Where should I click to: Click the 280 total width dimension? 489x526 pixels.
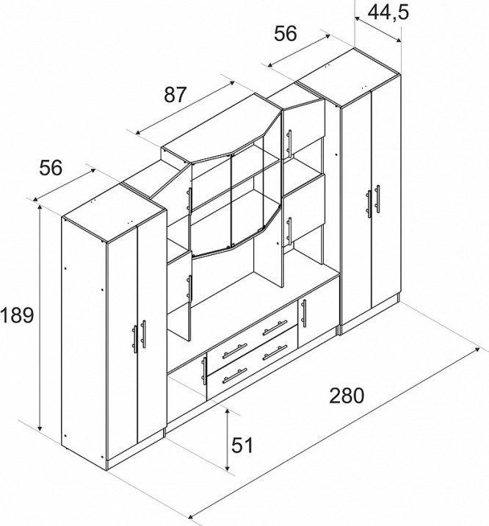pyautogui.click(x=347, y=395)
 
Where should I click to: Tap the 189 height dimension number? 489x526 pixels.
pyautogui.click(x=17, y=315)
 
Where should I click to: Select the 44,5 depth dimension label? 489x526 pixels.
pyautogui.click(x=388, y=12)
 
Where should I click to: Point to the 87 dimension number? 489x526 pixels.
pyautogui.click(x=174, y=95)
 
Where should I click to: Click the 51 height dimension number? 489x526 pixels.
pyautogui.click(x=242, y=445)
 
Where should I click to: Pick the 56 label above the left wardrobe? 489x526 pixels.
pyautogui.click(x=51, y=167)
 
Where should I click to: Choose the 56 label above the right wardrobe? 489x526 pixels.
pyautogui.click(x=285, y=34)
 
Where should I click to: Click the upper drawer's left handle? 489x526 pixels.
pyautogui.click(x=235, y=351)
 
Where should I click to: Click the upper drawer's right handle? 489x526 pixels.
pyautogui.click(x=275, y=328)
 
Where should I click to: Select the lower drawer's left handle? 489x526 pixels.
pyautogui.click(x=235, y=375)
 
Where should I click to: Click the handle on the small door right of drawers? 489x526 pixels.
pyautogui.click(x=304, y=313)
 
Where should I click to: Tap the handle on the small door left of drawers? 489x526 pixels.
pyautogui.click(x=204, y=371)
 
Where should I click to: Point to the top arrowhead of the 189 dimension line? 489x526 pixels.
pyautogui.click(x=40, y=207)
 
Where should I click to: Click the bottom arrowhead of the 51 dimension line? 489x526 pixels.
pyautogui.click(x=227, y=467)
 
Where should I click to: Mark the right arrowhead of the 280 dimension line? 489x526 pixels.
pyautogui.click(x=477, y=350)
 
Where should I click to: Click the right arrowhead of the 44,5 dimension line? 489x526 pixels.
pyautogui.click(x=397, y=40)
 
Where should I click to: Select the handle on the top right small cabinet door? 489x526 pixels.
pyautogui.click(x=289, y=143)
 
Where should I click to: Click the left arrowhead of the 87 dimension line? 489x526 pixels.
pyautogui.click(x=139, y=132)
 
